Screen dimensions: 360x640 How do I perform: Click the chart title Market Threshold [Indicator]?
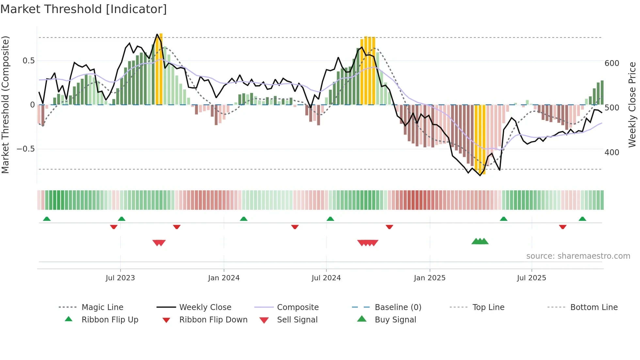[x=84, y=9]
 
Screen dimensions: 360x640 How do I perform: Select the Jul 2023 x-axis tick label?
[x=120, y=278]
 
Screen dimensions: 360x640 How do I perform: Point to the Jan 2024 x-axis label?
[x=224, y=278]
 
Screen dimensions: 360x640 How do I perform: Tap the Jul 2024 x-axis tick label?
[x=326, y=278]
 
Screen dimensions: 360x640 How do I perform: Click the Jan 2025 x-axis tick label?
[x=429, y=278]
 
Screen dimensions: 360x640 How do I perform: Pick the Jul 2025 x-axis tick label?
[x=531, y=278]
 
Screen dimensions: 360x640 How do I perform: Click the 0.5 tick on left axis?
[x=28, y=61]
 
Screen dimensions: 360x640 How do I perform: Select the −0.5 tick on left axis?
[x=25, y=149]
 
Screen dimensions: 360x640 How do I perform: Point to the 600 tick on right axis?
[x=612, y=63]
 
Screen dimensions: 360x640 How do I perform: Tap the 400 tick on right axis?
[x=612, y=153]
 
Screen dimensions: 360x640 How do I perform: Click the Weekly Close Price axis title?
[x=632, y=105]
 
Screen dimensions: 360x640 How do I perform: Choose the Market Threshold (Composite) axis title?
[x=5, y=105]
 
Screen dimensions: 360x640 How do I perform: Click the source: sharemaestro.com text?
[x=578, y=256]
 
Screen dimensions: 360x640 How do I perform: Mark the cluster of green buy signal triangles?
[x=480, y=241]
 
